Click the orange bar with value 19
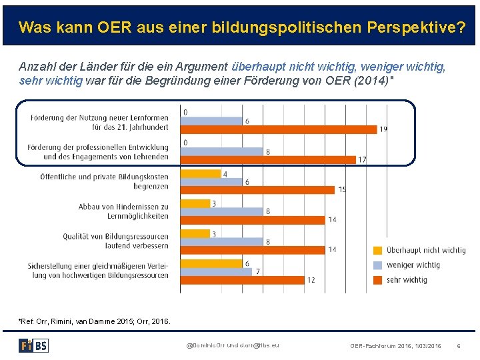point(279,129)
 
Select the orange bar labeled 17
point(268,159)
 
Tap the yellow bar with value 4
point(200,174)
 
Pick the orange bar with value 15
point(257,190)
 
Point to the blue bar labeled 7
point(216,271)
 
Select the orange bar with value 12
point(242,280)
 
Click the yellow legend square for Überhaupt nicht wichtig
point(378,251)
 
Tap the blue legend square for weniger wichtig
point(378,265)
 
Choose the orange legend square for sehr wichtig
point(378,280)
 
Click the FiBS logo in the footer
point(33,345)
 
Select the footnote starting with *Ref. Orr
point(94,321)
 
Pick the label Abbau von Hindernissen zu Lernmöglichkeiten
point(123,211)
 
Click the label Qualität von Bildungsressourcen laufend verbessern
point(115,241)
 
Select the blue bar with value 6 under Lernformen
point(211,121)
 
